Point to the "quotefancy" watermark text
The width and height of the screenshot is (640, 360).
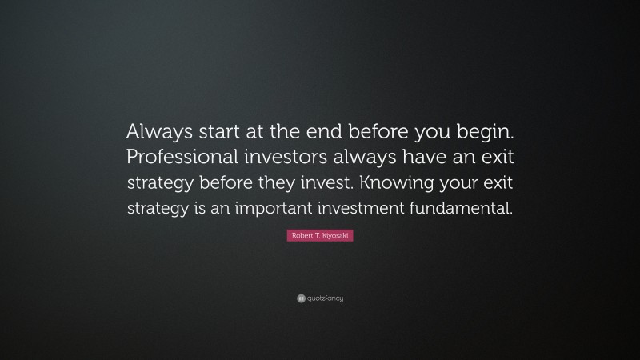click(325, 299)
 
